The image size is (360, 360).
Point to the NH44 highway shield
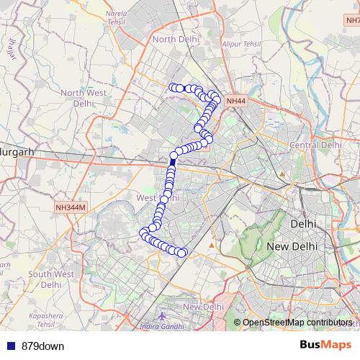[x=235, y=102]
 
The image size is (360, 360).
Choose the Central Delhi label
[x=315, y=145]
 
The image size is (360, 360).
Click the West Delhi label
[x=156, y=197]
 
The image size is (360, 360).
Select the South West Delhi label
[x=51, y=279]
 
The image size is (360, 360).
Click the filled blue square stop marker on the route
[x=172, y=163]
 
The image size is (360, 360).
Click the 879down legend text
[x=42, y=346]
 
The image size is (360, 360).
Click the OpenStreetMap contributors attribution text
[x=297, y=322]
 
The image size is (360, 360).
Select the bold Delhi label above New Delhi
[x=302, y=224]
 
